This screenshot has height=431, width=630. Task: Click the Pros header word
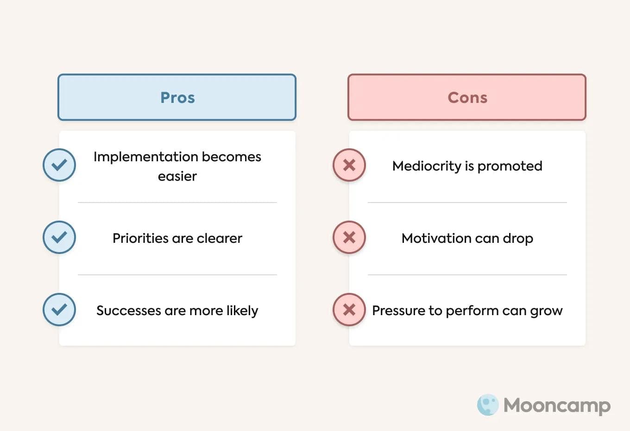coord(177,97)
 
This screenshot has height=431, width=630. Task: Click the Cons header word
coord(467,97)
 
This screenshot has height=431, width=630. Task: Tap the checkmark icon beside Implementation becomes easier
coord(59,165)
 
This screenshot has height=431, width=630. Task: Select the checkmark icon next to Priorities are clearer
coord(59,237)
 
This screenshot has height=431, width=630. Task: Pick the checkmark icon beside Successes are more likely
coord(59,310)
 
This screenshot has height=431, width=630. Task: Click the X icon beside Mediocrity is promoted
coord(349,165)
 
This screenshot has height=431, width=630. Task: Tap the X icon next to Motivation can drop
coord(349,237)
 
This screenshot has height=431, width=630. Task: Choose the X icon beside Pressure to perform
coord(349,310)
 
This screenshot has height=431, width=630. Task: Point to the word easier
coord(177,176)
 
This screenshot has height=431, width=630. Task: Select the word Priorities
coord(140,238)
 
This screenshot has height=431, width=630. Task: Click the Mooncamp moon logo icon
coord(488,405)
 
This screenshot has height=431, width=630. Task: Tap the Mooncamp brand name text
coord(557,406)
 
